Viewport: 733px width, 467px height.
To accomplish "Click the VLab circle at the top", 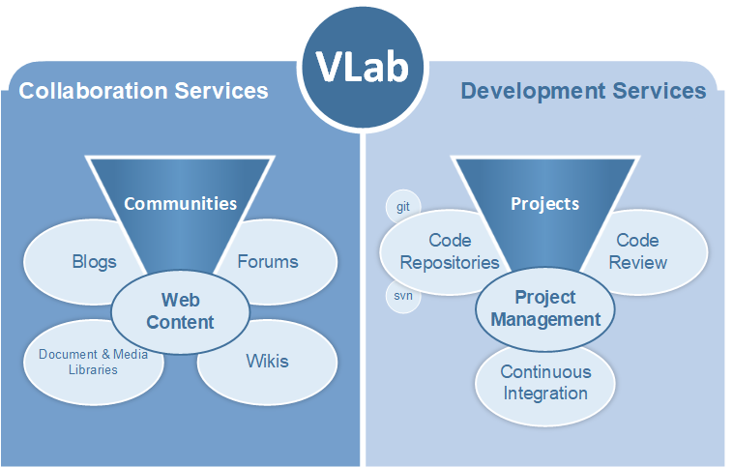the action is pos(363,67).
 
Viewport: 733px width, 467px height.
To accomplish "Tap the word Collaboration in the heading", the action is pos(93,91).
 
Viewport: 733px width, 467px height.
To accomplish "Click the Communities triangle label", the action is pos(181,203).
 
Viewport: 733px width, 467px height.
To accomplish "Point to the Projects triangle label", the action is pos(545,203).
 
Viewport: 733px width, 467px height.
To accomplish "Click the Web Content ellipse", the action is pos(181,311).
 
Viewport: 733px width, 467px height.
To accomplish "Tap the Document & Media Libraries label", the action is pos(93,362).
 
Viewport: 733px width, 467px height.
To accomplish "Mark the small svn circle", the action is pos(402,297).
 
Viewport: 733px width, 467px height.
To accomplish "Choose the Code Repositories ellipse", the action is pos(435,252).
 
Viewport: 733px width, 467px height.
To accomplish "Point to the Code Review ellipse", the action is pos(650,252).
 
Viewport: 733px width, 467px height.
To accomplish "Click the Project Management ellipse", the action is pos(545,308).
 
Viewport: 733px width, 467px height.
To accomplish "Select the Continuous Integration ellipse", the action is pos(545,386).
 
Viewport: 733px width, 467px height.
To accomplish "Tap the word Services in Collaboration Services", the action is pos(221,91).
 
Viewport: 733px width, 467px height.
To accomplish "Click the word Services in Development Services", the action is pos(660,91).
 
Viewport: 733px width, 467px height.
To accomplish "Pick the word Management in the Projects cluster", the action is pos(545,320).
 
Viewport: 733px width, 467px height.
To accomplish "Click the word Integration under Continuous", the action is pos(545,394).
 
